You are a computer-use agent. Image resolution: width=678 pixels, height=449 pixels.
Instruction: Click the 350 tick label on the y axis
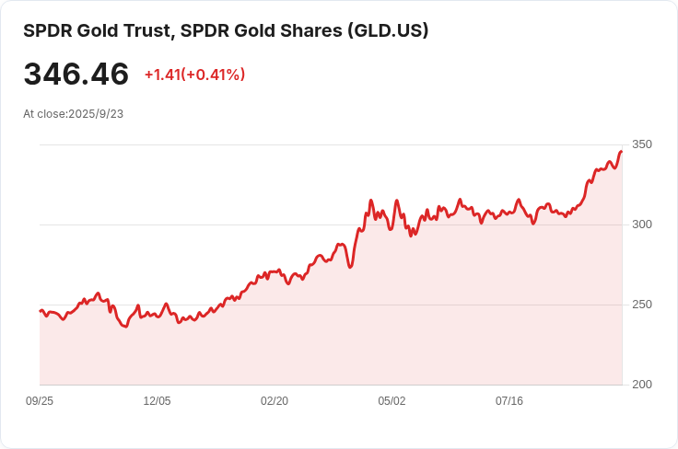(641, 144)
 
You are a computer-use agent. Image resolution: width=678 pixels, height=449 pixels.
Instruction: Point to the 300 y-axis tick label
(641, 224)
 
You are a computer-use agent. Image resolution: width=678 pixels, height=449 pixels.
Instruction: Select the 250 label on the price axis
(641, 305)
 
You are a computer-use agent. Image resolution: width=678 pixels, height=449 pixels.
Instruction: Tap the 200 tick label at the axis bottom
(641, 385)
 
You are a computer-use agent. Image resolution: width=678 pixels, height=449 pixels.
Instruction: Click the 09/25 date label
(40, 401)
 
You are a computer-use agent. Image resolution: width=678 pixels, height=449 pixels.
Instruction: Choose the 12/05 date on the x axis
(157, 401)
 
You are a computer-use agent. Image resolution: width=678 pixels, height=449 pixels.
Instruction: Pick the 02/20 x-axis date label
(275, 401)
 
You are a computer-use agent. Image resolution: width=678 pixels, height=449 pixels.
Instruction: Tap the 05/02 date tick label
(392, 401)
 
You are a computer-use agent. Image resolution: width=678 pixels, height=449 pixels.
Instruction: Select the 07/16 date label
(509, 401)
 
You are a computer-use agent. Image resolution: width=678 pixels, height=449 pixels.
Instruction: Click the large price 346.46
(76, 75)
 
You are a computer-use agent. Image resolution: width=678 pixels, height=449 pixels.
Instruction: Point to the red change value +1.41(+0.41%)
(194, 75)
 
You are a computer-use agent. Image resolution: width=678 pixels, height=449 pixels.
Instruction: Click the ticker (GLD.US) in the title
(387, 30)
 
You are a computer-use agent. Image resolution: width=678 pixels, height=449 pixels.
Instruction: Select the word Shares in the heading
(310, 30)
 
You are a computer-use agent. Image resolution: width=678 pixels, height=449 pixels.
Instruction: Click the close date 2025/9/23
(96, 114)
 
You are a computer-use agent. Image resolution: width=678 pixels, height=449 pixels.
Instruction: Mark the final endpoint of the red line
(622, 151)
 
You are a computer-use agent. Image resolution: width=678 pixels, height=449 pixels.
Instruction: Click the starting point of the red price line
(40, 311)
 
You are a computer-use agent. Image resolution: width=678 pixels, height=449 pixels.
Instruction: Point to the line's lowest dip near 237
(125, 327)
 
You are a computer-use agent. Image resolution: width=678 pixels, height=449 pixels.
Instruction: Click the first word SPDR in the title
(45, 30)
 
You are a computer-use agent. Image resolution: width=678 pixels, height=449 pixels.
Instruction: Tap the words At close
(43, 114)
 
